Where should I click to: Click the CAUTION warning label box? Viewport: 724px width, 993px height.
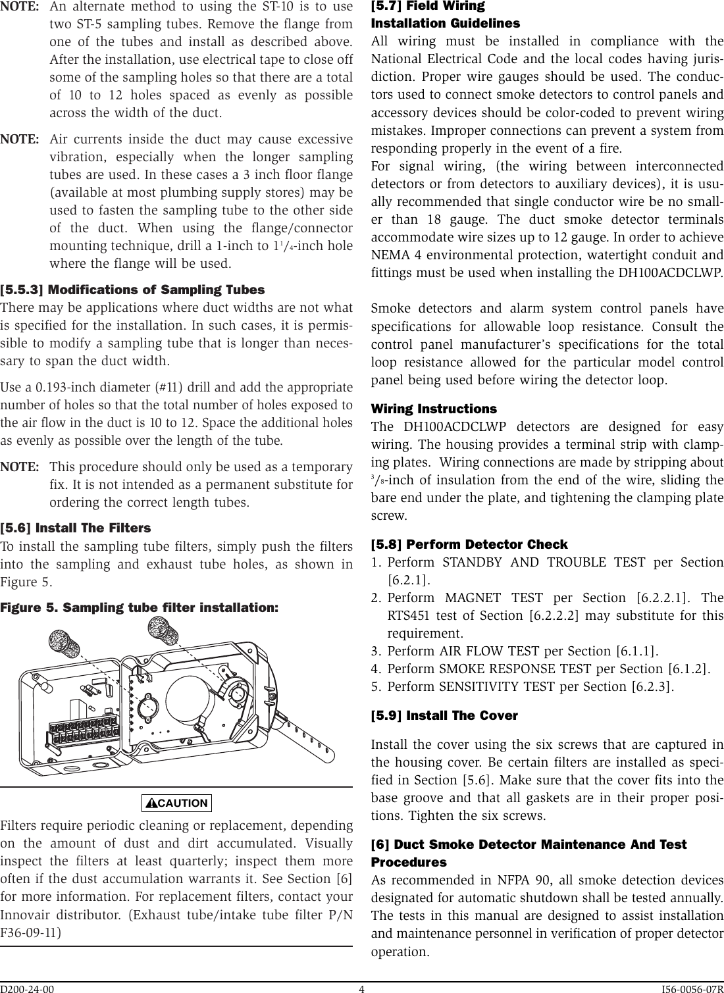point(176,803)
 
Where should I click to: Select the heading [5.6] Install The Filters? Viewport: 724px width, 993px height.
point(76,528)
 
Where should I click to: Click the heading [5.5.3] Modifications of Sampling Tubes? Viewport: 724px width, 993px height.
point(133,290)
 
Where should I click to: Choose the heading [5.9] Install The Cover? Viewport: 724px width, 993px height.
point(444,715)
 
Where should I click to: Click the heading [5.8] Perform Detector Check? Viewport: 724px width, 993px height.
point(469,544)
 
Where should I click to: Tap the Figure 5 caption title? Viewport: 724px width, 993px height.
point(140,607)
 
